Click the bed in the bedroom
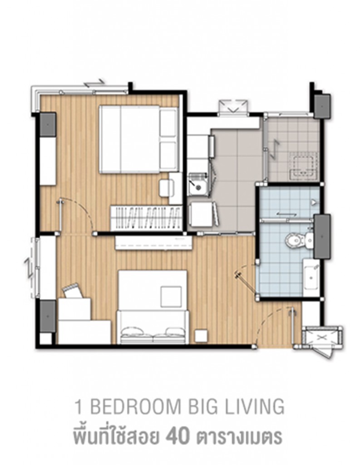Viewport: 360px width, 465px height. pos(136,139)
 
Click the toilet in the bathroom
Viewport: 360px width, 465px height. pos(296,239)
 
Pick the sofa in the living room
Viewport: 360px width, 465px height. pos(153,327)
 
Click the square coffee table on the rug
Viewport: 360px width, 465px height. pos(171,296)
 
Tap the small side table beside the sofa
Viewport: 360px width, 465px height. pos(200,335)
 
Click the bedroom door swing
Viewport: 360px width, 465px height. pos(79,213)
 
